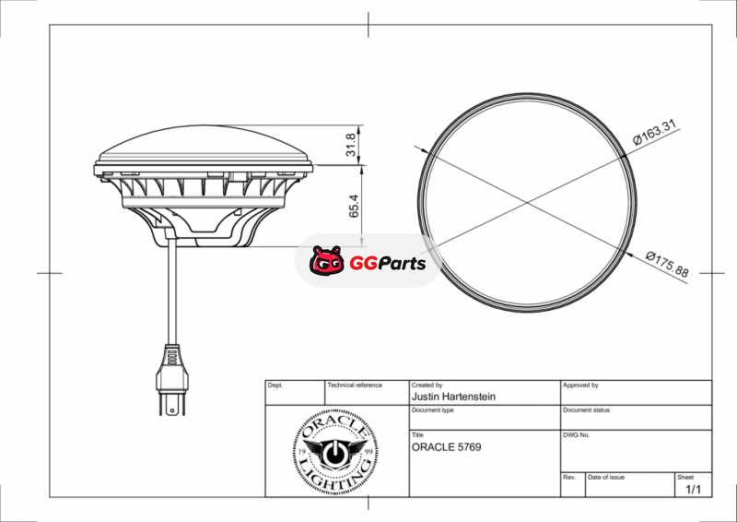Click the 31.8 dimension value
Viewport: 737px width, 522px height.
pos(351,145)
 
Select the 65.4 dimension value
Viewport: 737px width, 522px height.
pos(354,207)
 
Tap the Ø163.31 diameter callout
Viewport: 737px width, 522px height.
pos(654,132)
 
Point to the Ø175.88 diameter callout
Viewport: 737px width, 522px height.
pos(667,265)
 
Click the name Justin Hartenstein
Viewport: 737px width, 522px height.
pos(453,397)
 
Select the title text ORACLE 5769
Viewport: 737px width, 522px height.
pos(447,447)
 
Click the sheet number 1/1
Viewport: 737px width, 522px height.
pos(694,490)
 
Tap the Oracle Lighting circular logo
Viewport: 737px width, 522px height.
pos(335,452)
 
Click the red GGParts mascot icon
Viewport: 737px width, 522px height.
pos(327,261)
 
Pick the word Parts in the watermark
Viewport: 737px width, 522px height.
pos(401,264)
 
